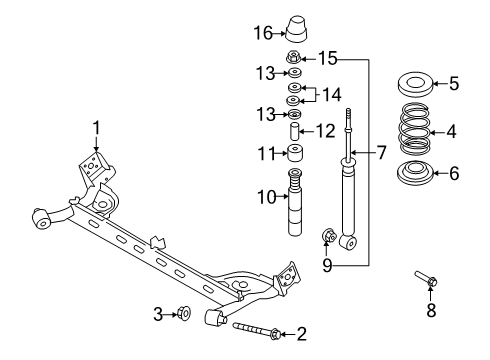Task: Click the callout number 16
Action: click(x=263, y=33)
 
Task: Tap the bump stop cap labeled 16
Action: click(x=296, y=29)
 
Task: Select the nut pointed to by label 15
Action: click(x=294, y=57)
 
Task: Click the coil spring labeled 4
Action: click(x=414, y=129)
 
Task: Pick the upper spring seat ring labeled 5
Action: click(x=415, y=85)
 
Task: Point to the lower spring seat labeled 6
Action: click(x=415, y=173)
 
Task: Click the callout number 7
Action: click(x=381, y=153)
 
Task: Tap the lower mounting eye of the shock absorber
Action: click(x=348, y=242)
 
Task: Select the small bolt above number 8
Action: click(x=426, y=279)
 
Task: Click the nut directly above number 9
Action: click(x=328, y=236)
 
